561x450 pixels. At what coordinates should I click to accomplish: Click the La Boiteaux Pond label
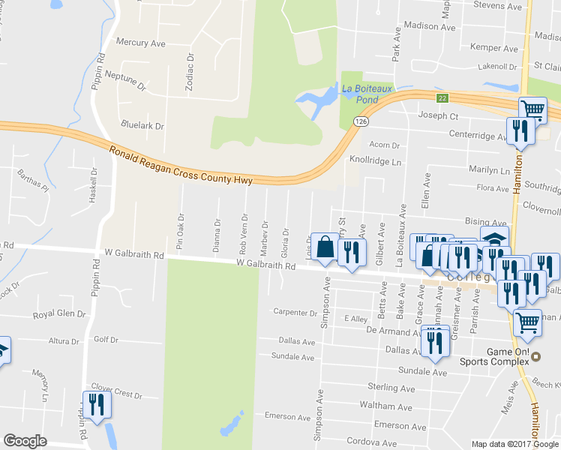point(367,94)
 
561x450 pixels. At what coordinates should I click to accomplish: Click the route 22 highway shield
point(443,98)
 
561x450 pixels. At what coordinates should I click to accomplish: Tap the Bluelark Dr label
point(142,125)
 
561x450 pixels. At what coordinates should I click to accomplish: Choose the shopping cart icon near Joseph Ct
point(532,109)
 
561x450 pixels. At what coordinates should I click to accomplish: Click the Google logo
point(25,441)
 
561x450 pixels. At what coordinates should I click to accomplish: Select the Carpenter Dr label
point(295,312)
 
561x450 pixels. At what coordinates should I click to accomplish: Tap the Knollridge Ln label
point(376,161)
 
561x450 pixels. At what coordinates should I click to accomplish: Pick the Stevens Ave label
point(498,6)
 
